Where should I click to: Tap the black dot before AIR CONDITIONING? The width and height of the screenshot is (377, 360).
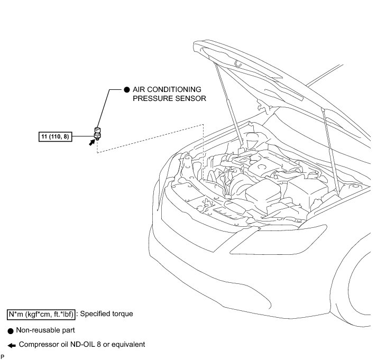click(x=126, y=90)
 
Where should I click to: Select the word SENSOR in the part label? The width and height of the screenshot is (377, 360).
click(x=191, y=98)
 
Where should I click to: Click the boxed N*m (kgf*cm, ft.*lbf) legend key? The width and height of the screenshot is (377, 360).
click(x=41, y=314)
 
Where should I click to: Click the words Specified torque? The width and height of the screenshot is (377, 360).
click(x=107, y=313)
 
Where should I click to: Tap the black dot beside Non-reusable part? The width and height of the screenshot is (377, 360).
click(x=10, y=330)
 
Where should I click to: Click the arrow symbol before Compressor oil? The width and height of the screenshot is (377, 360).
click(x=11, y=345)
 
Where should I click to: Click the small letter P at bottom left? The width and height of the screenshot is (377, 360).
click(x=3, y=357)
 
